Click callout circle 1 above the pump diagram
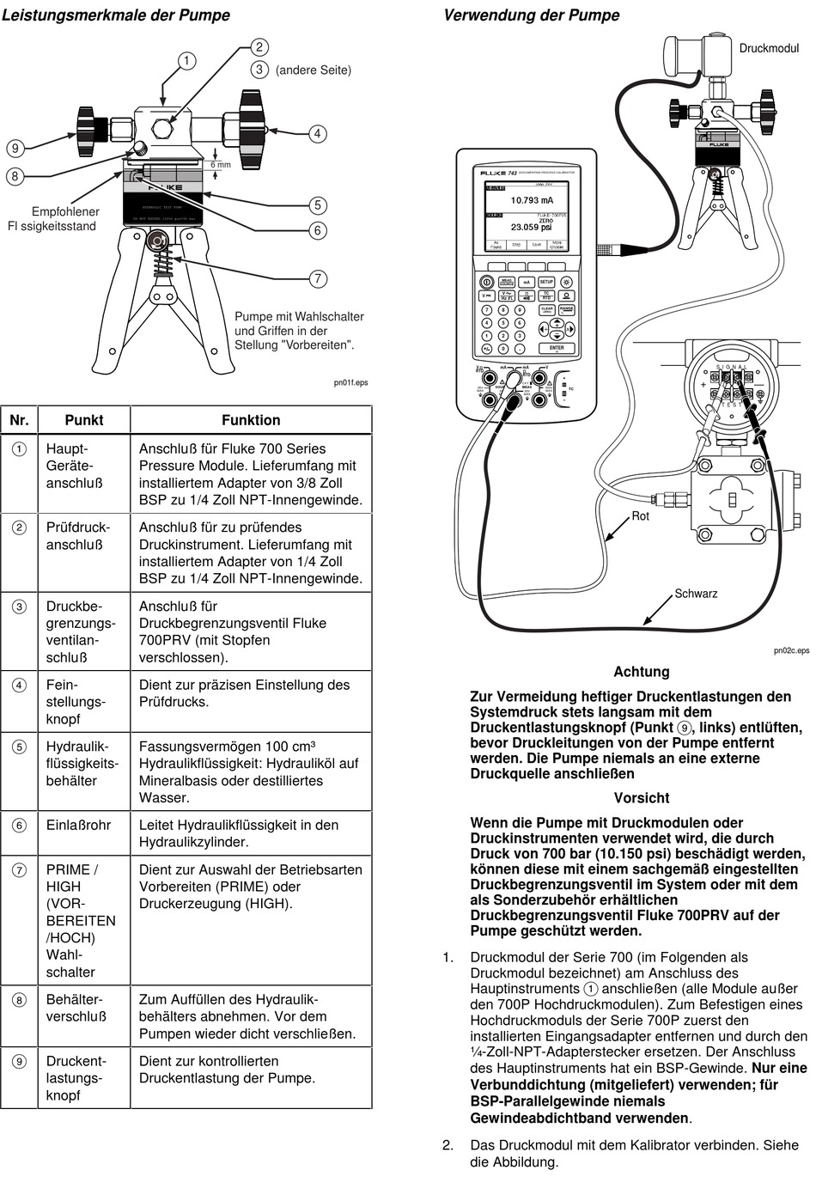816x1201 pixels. pyautogui.click(x=186, y=60)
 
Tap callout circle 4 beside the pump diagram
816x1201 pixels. pyautogui.click(x=317, y=133)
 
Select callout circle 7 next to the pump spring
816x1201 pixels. pyautogui.click(x=318, y=277)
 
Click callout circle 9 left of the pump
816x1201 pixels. pyautogui.click(x=15, y=148)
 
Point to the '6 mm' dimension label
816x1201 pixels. pyautogui.click(x=221, y=164)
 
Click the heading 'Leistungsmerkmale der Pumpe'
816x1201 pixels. pyautogui.click(x=116, y=15)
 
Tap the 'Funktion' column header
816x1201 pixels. pyautogui.click(x=251, y=420)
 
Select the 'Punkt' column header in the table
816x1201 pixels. pyautogui.click(x=84, y=420)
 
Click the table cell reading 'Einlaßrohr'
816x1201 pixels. pyautogui.click(x=78, y=825)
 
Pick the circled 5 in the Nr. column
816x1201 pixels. pyautogui.click(x=19, y=747)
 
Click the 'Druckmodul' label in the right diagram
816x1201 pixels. pyautogui.click(x=769, y=48)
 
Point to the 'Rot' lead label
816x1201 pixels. pyautogui.click(x=641, y=515)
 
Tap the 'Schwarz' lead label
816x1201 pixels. pyautogui.click(x=696, y=594)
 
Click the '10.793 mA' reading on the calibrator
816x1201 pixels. pyautogui.click(x=532, y=200)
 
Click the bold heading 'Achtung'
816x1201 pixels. pyautogui.click(x=641, y=672)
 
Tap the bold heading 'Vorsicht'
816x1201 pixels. pyautogui.click(x=642, y=797)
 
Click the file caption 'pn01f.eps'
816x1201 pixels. pyautogui.click(x=350, y=382)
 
